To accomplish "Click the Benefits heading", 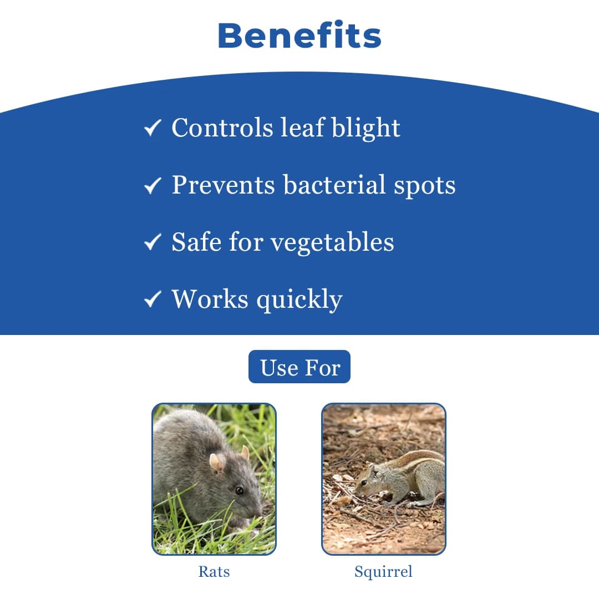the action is pyautogui.click(x=299, y=35).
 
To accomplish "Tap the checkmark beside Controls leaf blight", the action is pyautogui.click(x=153, y=128).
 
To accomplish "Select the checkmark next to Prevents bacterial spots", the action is pyautogui.click(x=153, y=185).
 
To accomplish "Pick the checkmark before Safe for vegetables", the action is pyautogui.click(x=153, y=242).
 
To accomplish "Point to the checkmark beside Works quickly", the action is pyautogui.click(x=153, y=299).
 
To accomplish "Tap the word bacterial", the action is pyautogui.click(x=334, y=185).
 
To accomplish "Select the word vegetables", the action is pyautogui.click(x=332, y=243).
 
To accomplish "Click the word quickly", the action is pyautogui.click(x=299, y=300).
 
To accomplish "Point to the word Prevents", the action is pyautogui.click(x=223, y=185).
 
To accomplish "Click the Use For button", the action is pyautogui.click(x=299, y=367).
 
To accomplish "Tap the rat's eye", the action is pyautogui.click(x=239, y=490).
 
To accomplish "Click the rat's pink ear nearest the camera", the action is pyautogui.click(x=217, y=463).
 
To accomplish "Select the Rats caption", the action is pyautogui.click(x=214, y=571).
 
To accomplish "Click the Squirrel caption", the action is pyautogui.click(x=384, y=572).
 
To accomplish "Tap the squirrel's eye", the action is pyautogui.click(x=364, y=483).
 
